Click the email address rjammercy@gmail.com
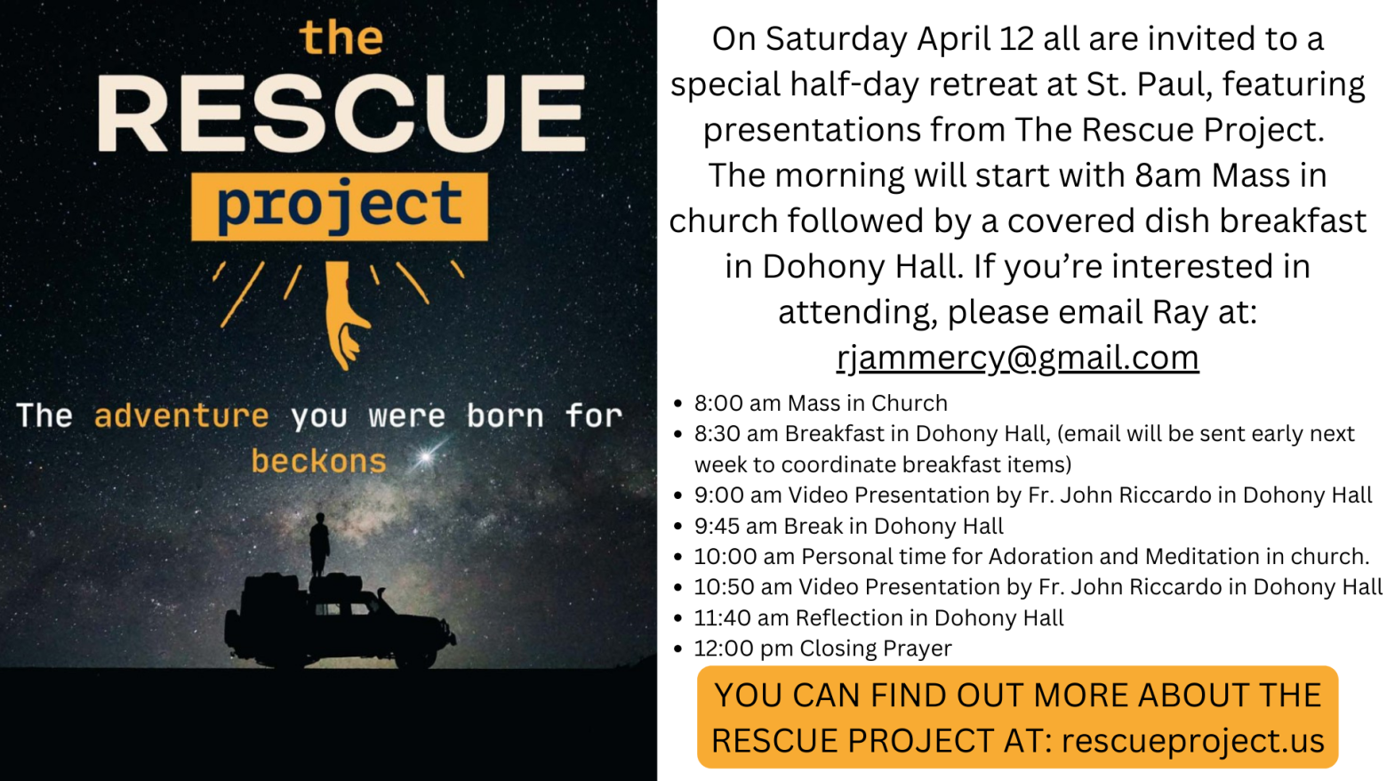[1017, 358]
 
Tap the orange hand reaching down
[344, 313]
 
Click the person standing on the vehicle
[319, 544]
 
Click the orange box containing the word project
[340, 206]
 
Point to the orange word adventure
[181, 415]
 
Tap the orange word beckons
[319, 462]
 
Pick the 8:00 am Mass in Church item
[821, 403]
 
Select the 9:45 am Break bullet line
[848, 526]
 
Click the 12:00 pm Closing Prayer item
[822, 648]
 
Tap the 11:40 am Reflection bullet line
[878, 617]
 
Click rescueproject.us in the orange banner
[1192, 740]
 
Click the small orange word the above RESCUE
[341, 37]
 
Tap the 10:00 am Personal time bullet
[1031, 556]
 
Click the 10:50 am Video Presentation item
[1038, 586]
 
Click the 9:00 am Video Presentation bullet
[1033, 495]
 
